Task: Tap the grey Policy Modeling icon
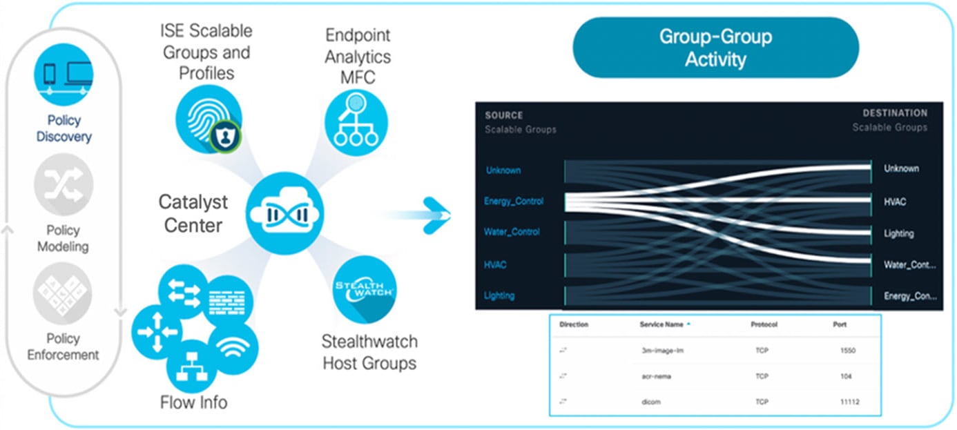pos(64,184)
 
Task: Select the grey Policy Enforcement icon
pos(63,293)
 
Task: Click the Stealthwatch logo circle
pos(365,289)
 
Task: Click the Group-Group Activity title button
pos(716,47)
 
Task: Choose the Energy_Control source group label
pos(514,202)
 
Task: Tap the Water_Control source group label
pos(512,232)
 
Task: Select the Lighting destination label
pos(899,233)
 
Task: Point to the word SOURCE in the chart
pos(504,115)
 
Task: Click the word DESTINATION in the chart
pos(895,113)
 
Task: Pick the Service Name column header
pos(661,324)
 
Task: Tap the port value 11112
pos(848,402)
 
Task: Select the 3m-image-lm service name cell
pos(662,351)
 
